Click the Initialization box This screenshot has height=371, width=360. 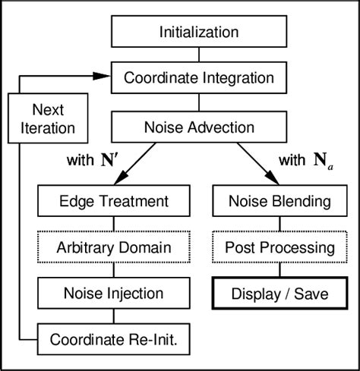pos(198,32)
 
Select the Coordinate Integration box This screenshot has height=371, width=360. pos(198,77)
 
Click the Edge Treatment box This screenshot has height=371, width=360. pos(113,203)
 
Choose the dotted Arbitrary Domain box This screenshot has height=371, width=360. pos(113,247)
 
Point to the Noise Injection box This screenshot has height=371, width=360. pos(113,292)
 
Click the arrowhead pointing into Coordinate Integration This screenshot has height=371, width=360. pos(103,74)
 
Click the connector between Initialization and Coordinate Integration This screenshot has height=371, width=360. pos(198,54)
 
